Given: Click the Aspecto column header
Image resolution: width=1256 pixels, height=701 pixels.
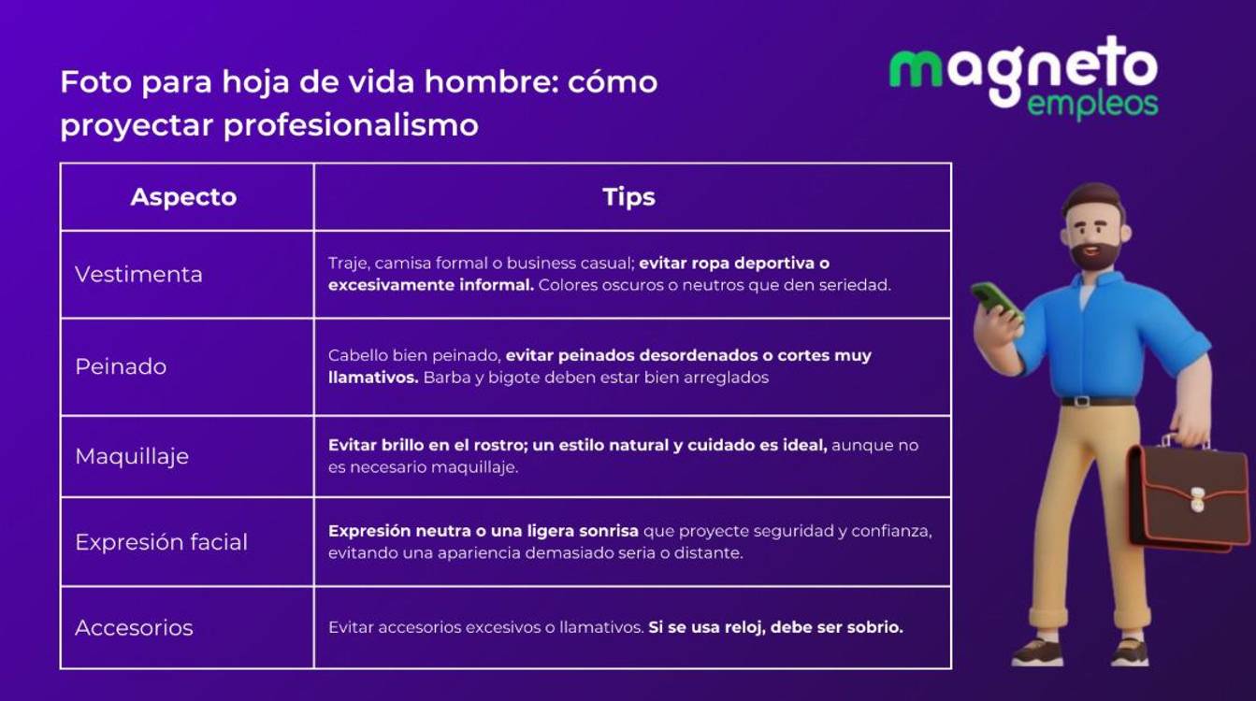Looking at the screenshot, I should point(183,197).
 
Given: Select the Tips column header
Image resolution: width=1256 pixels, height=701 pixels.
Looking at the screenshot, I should point(628,197).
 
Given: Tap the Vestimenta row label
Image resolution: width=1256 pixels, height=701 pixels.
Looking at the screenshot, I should point(138,275).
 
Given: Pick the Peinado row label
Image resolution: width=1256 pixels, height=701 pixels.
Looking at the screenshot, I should point(121,366).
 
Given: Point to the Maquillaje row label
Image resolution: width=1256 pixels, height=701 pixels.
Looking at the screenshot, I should point(132,456).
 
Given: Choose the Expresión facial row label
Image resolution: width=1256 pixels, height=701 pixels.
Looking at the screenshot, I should point(161,542).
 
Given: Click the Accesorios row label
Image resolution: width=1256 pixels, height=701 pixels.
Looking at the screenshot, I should point(134,627).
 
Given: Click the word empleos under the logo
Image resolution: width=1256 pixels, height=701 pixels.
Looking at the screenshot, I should point(1092,106).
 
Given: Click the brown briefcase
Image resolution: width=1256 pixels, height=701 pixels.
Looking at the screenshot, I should point(1186,495).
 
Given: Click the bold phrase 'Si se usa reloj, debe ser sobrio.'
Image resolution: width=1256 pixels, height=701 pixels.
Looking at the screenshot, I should point(775,627).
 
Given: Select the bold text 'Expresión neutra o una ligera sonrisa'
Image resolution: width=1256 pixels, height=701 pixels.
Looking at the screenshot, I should point(484,531).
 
